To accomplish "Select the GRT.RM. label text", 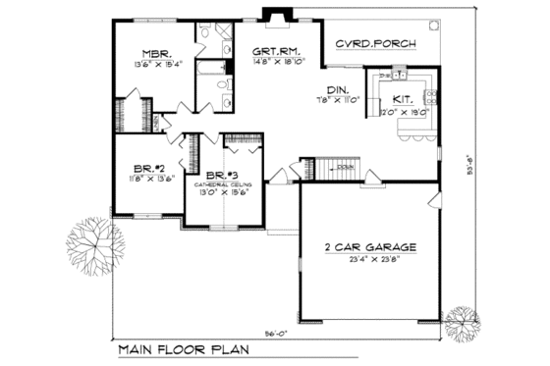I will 275,50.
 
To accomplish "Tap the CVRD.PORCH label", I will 375,45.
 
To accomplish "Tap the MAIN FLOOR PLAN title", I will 178,349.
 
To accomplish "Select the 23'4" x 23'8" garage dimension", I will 367,262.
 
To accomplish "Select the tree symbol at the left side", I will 93,240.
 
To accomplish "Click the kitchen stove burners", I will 429,95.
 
